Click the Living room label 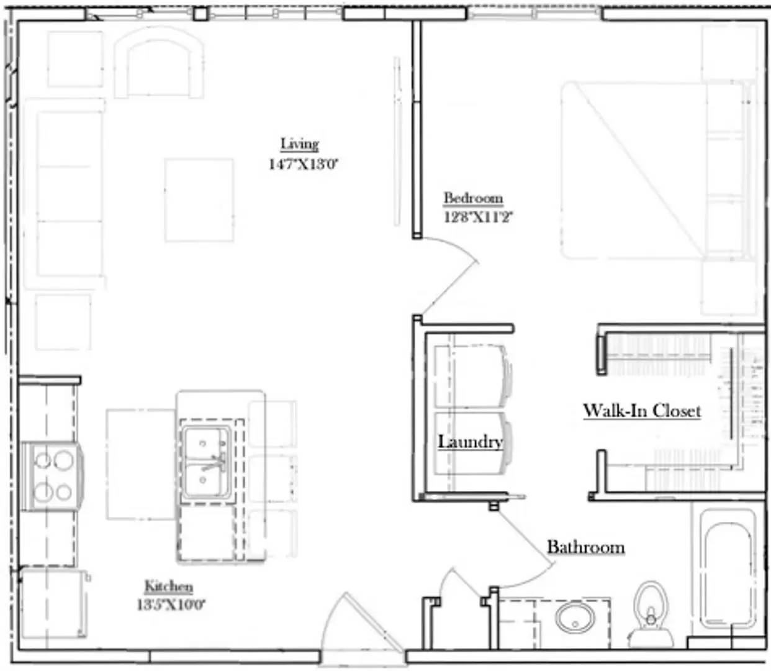[299, 144]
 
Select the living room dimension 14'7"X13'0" [303, 165]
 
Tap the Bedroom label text [473, 198]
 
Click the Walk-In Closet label [642, 411]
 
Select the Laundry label [470, 442]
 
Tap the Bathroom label [585, 547]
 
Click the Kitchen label [168, 586]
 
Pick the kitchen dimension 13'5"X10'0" [171, 604]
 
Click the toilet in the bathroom [651, 615]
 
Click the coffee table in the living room [199, 200]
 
